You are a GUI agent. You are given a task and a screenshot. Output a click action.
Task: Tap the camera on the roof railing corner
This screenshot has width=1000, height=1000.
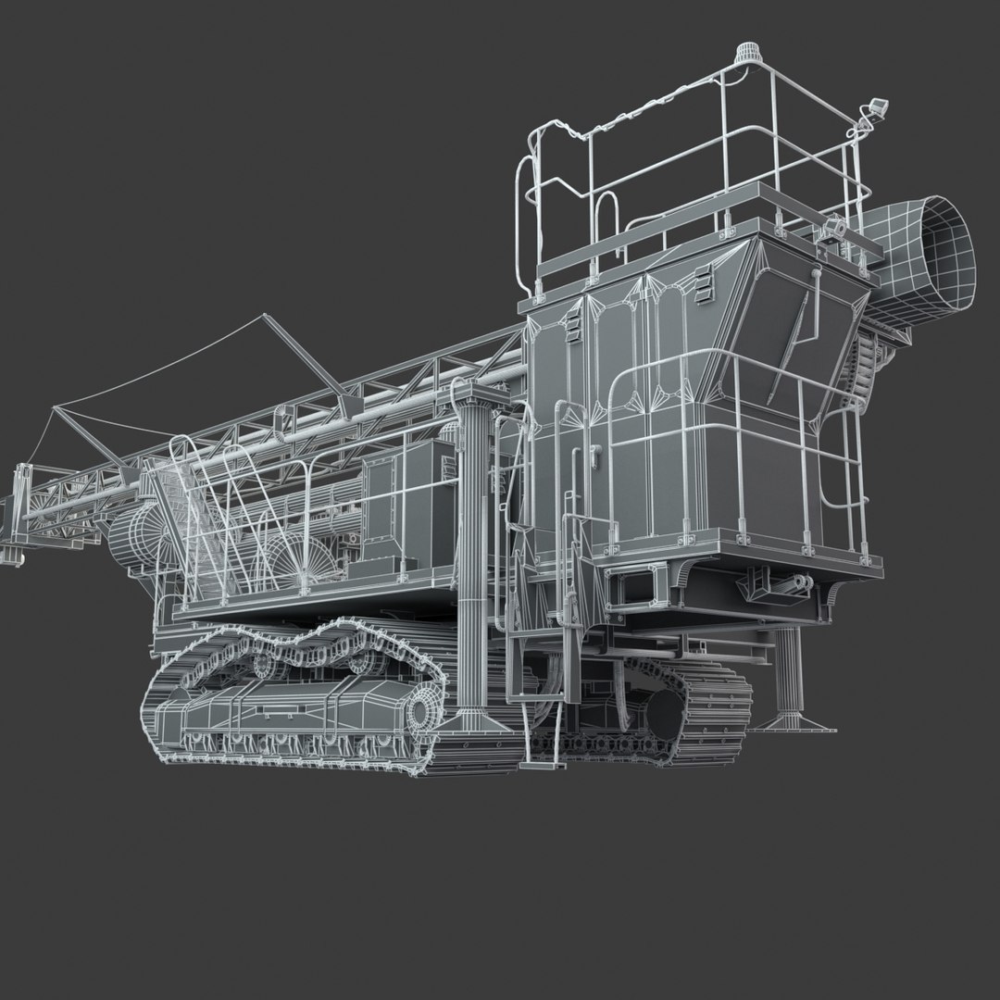pos(871,109)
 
